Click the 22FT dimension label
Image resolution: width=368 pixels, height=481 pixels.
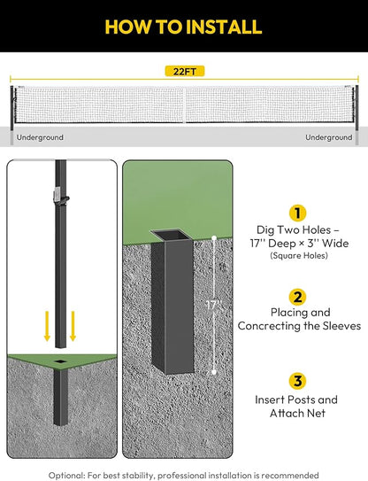[x=185, y=72]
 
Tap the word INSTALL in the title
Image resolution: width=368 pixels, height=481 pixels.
[x=224, y=27]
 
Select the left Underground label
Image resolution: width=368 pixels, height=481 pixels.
[x=40, y=137]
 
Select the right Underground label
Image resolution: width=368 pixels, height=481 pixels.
[x=329, y=137]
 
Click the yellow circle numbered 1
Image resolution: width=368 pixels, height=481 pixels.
[x=297, y=213]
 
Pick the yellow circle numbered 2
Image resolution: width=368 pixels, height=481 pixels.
[x=297, y=297]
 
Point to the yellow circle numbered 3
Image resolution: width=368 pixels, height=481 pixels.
[x=297, y=381]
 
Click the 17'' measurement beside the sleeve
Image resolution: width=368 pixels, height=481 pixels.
[x=213, y=305]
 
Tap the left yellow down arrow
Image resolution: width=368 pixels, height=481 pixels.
[x=47, y=326]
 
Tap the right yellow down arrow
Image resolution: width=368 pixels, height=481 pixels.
[x=73, y=326]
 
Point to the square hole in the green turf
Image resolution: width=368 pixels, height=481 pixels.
[x=61, y=361]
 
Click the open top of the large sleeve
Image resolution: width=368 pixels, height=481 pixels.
[x=172, y=236]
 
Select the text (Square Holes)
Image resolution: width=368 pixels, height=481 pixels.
[x=299, y=255]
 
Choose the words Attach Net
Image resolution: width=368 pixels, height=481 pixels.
[x=297, y=413]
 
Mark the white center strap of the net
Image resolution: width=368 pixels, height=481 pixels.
[x=185, y=105]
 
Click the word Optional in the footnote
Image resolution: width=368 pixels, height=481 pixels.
[x=66, y=476]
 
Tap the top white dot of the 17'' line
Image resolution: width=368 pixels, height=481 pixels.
[x=214, y=237]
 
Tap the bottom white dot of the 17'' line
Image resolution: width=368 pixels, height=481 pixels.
[x=214, y=372]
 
